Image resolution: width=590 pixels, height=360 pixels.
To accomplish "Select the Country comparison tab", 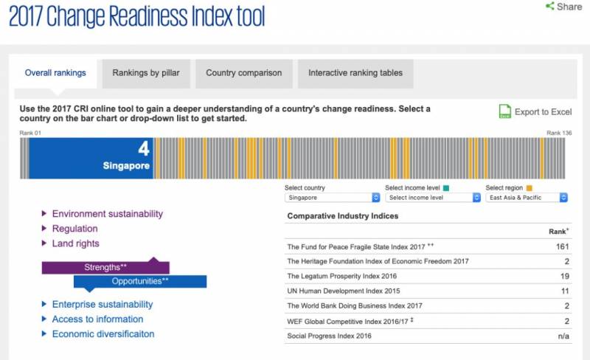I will (243, 73).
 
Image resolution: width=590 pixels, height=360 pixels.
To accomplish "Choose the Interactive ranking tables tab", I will (355, 73).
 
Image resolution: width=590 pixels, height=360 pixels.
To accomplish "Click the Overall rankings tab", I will (55, 73).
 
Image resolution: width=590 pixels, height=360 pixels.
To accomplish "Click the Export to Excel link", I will (543, 112).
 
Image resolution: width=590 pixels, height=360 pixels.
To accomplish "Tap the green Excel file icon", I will (505, 111).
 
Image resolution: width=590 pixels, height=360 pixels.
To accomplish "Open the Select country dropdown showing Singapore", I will (333, 198).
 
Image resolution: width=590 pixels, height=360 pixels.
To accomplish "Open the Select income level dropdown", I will (433, 198).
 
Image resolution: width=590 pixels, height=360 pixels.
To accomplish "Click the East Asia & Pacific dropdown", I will (527, 198).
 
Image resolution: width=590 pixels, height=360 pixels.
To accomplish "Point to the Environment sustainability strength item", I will (107, 214).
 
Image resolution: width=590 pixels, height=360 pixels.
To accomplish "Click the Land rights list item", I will (75, 243).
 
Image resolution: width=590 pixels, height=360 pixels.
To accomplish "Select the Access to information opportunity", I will (97, 319).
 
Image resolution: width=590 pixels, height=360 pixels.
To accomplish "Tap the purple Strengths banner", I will (105, 267).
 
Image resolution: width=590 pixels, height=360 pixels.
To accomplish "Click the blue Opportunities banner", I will (140, 281).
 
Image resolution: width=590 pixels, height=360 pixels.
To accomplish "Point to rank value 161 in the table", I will (563, 246).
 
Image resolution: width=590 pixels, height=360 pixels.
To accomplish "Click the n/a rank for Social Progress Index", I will (563, 336).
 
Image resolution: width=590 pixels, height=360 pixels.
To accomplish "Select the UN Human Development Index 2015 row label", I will (339, 291).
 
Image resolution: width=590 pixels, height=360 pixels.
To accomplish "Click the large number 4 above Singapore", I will (143, 149).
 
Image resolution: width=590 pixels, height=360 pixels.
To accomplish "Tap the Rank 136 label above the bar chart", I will (558, 133).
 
